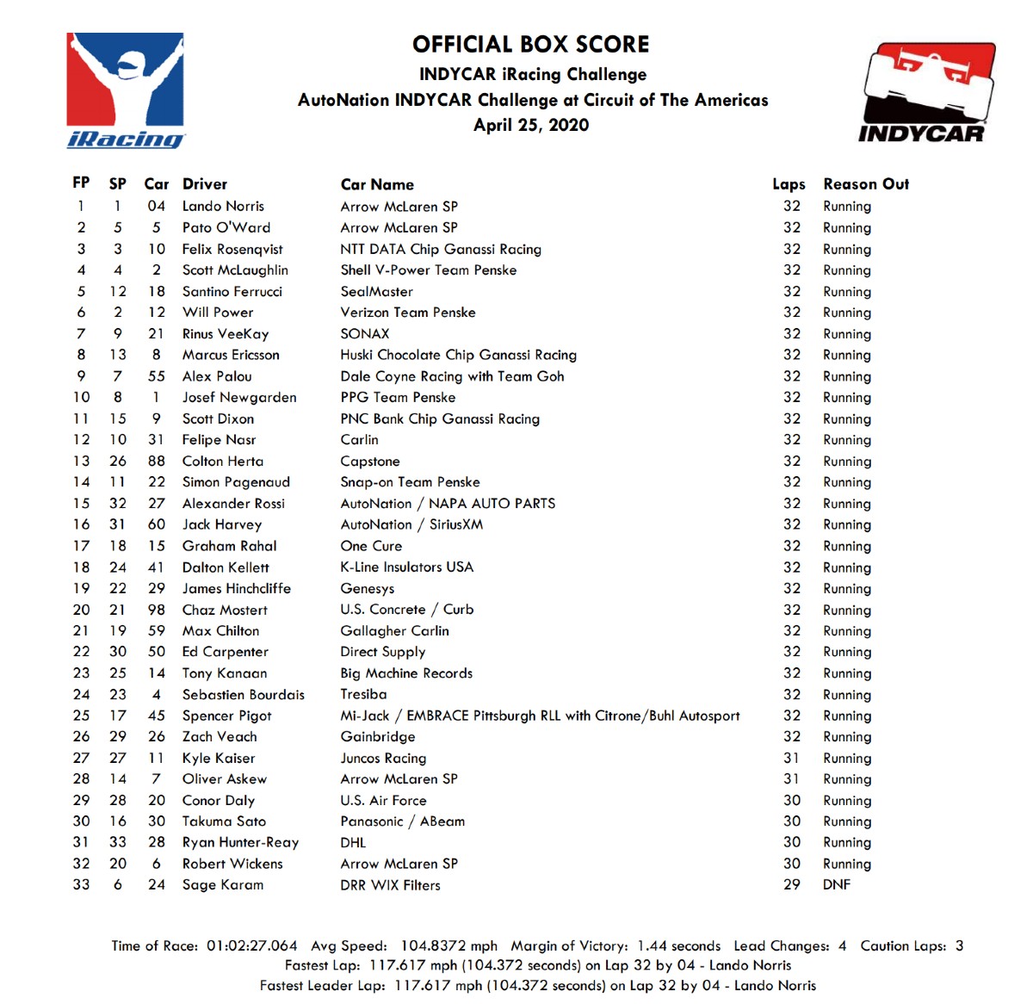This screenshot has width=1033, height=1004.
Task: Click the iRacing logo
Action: (126, 90)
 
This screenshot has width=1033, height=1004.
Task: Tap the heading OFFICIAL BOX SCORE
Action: (530, 45)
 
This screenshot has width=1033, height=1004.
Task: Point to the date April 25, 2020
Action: (531, 125)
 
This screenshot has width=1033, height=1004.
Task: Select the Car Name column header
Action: (377, 184)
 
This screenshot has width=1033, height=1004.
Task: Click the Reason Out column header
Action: (866, 184)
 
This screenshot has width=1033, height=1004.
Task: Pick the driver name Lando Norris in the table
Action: (223, 207)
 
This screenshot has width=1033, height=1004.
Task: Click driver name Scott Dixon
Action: (218, 418)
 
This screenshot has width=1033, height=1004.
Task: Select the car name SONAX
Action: (365, 334)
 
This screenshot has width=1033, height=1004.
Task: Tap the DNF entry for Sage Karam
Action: (837, 884)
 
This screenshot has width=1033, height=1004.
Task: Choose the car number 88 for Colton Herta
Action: (156, 462)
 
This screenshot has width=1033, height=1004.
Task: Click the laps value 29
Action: (791, 884)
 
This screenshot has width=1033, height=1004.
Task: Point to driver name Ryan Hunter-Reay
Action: (240, 842)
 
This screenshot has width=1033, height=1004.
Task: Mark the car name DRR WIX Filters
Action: (390, 885)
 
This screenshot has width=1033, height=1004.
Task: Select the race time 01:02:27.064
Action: (251, 945)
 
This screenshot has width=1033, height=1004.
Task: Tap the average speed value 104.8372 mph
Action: (448, 945)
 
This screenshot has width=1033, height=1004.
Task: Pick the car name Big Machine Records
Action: (406, 673)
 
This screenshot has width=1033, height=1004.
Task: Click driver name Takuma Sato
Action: (224, 821)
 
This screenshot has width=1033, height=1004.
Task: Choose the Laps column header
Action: (789, 184)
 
